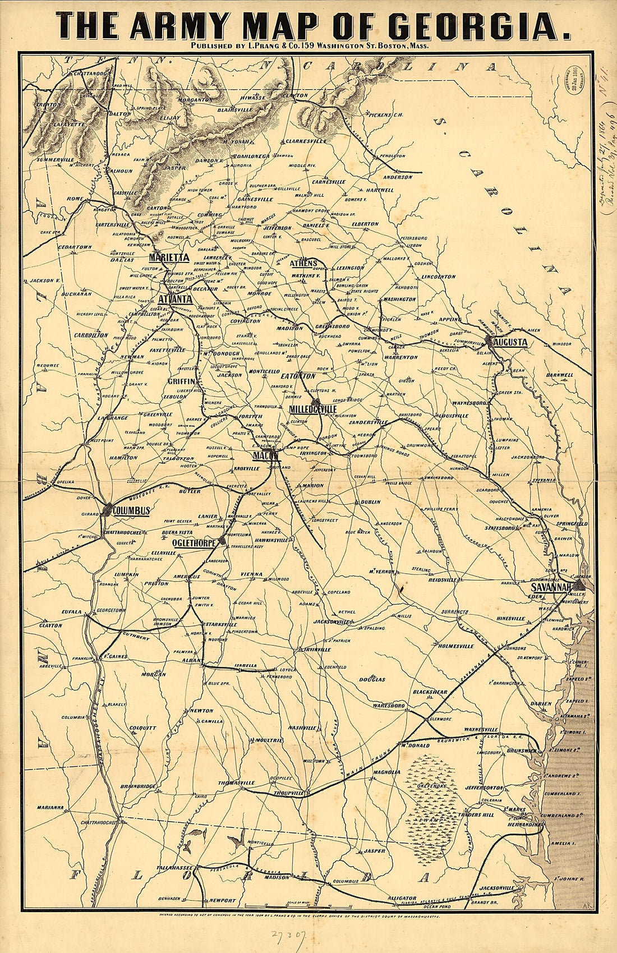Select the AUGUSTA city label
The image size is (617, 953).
[510, 342]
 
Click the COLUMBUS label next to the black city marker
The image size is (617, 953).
[131, 510]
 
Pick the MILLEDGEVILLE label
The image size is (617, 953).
[312, 409]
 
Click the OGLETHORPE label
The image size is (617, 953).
[194, 542]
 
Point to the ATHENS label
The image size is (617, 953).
[303, 263]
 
